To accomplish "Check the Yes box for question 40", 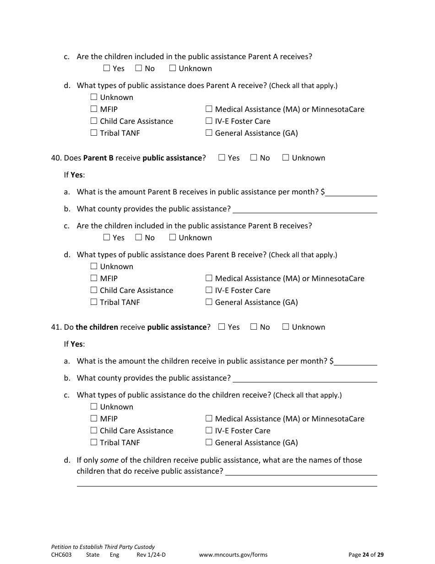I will tap(222, 158).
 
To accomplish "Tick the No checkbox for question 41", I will tap(254, 327).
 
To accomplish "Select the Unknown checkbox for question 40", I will tap(286, 158).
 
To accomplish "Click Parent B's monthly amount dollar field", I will tap(351, 192).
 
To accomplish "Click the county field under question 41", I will tap(304, 378).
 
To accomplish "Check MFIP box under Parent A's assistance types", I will tap(94, 109).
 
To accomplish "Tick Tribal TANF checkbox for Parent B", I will tap(94, 302).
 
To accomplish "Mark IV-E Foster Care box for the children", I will tap(209, 431).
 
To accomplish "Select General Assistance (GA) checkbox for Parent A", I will tap(209, 133).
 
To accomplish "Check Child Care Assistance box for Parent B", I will tap(94, 290).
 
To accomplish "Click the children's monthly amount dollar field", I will tap(355, 361).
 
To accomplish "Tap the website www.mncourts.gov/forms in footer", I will tap(233, 555).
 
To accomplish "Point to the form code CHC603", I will tap(61, 555).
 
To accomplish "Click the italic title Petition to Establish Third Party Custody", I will tap(103, 547).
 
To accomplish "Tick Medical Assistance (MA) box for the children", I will tap(209, 419).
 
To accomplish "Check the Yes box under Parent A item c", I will tap(107, 68).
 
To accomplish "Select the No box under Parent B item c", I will tap(139, 238).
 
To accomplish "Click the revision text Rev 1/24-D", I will tap(151, 555).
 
